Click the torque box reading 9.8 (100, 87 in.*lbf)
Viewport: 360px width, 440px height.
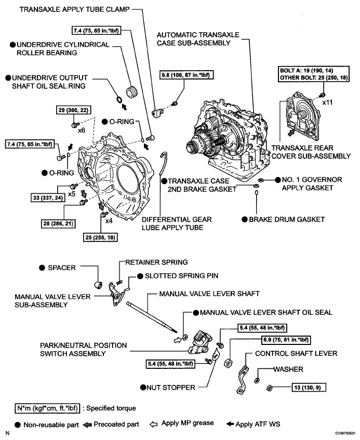pyautogui.click(x=193, y=74)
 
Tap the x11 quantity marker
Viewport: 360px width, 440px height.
pyautogui.click(x=327, y=103)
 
